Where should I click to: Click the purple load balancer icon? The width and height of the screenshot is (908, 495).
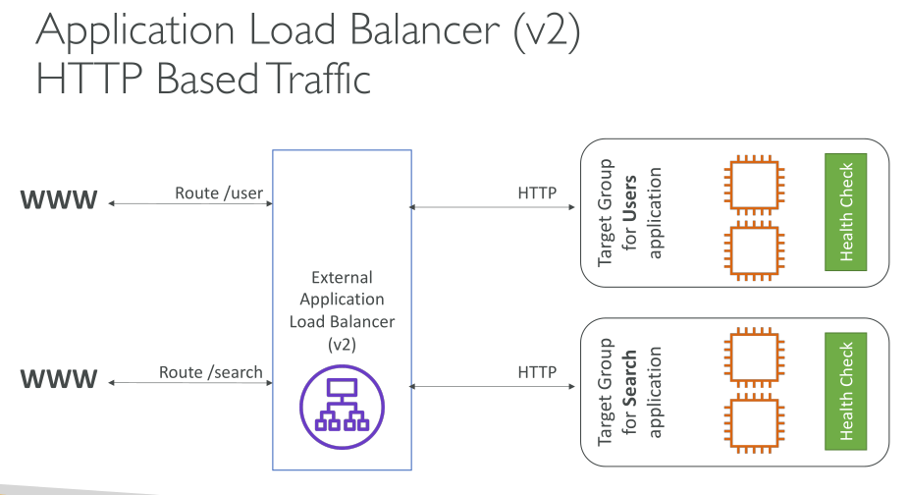[x=342, y=406]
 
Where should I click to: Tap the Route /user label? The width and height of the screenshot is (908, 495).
[x=219, y=192]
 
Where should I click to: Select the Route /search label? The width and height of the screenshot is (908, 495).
[x=211, y=372]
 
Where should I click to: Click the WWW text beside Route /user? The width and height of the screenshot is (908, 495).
[x=59, y=201]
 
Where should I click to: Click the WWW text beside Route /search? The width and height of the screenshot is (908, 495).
[x=59, y=378]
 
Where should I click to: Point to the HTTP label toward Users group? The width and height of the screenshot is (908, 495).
[x=537, y=192]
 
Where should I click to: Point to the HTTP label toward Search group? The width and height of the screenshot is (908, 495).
[x=537, y=372]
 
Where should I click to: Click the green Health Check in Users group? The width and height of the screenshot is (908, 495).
[x=845, y=213]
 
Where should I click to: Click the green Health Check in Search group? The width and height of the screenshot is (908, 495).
[x=845, y=391]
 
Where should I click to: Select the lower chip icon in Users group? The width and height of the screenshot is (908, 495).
[x=752, y=252]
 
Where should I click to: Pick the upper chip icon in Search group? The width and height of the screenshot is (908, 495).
[x=752, y=361]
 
